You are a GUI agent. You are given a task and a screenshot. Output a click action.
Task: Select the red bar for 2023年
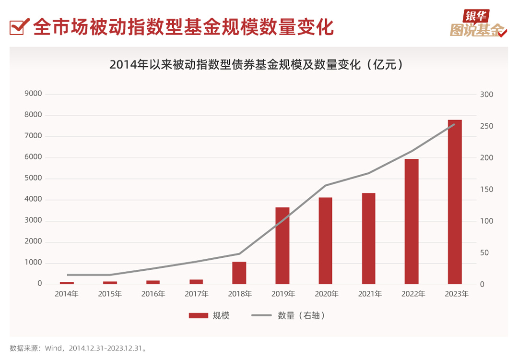click(x=455, y=202)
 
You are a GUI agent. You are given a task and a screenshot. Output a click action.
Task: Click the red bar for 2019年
click(x=283, y=245)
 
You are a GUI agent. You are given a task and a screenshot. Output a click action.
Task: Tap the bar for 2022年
click(x=412, y=221)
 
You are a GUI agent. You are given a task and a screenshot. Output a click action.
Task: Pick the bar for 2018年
click(x=239, y=273)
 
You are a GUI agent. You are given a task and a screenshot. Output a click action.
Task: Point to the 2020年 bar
click(x=326, y=240)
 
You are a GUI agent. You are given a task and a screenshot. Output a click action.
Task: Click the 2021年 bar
click(x=368, y=238)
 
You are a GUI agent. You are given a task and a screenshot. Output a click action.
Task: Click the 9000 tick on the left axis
click(x=33, y=94)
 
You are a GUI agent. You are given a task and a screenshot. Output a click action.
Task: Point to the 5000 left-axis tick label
click(x=33, y=179)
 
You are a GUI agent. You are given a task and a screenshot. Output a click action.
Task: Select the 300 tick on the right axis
click(x=486, y=95)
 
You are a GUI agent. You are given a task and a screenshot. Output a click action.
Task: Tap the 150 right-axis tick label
click(x=486, y=190)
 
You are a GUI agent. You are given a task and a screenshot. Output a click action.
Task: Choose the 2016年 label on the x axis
click(x=153, y=294)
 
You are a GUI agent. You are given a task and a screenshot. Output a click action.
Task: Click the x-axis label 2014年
click(x=67, y=294)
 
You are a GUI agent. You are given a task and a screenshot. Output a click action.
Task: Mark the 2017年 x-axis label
click(x=196, y=294)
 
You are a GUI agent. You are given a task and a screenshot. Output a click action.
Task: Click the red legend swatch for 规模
click(x=198, y=316)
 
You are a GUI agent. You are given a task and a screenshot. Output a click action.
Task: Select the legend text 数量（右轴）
click(x=301, y=316)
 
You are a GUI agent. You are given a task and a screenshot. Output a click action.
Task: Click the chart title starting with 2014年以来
click(x=256, y=65)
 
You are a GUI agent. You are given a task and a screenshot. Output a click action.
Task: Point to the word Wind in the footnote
click(x=54, y=348)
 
